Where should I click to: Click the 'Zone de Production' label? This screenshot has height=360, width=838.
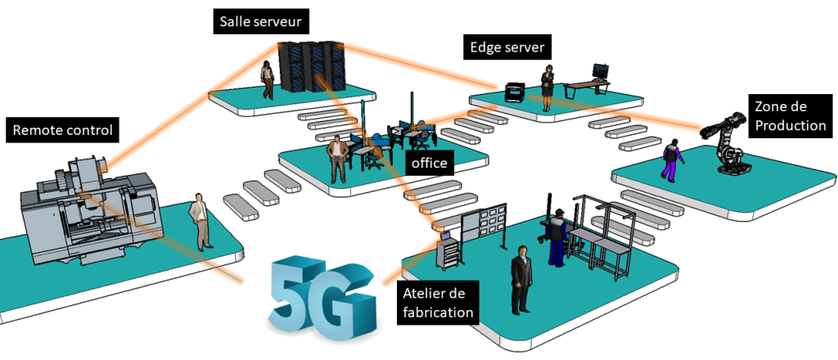click(x=789, y=115)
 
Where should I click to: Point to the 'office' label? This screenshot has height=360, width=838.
click(x=430, y=164)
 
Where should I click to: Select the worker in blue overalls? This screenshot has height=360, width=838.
click(x=557, y=237)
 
